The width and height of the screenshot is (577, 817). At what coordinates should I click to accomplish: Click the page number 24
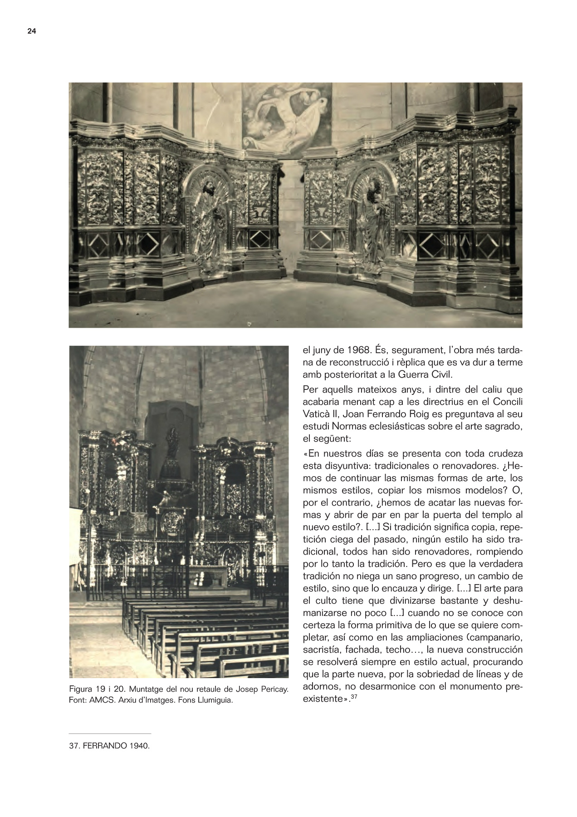[32, 31]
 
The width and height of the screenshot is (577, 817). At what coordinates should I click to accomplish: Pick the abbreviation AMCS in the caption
[100, 700]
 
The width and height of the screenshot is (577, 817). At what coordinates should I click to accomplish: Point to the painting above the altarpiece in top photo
[287, 116]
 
